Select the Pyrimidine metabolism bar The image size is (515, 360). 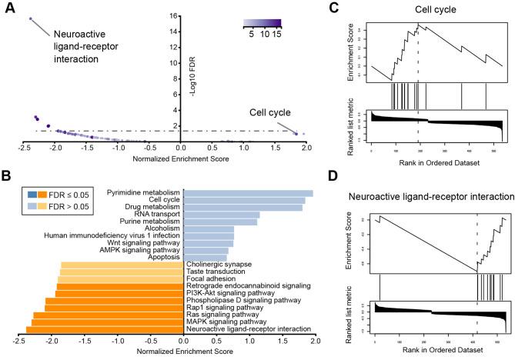247,193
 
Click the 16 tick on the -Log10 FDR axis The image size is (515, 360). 173,15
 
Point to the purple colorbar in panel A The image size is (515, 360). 261,24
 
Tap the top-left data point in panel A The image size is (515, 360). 30,18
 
